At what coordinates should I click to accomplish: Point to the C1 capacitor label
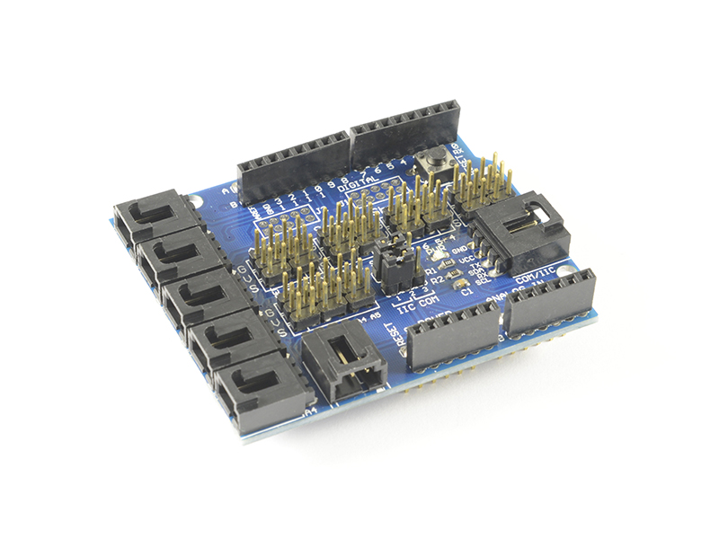(x=465, y=291)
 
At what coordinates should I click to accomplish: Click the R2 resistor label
(x=437, y=280)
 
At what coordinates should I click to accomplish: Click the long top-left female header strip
(x=292, y=166)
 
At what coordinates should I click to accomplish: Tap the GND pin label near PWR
(x=460, y=248)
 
